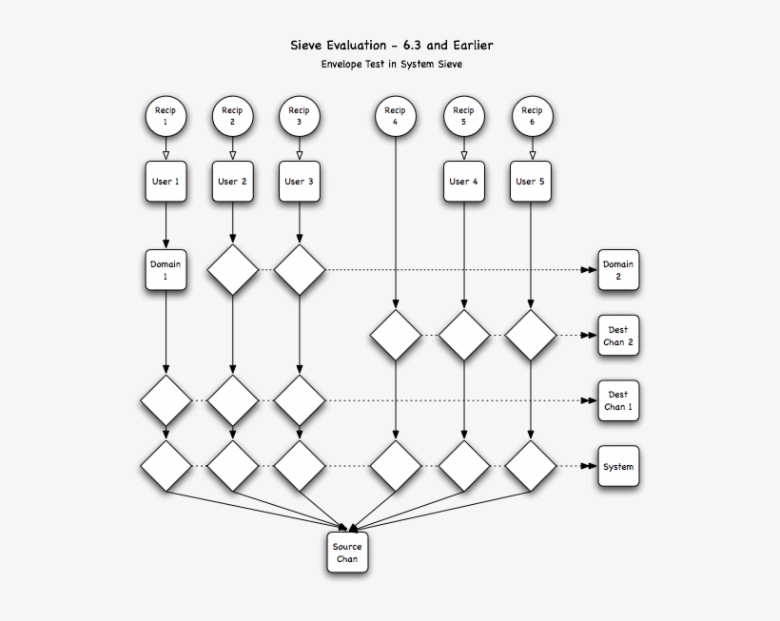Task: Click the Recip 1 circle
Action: [166, 116]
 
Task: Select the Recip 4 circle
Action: [395, 116]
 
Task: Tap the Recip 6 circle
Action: [531, 116]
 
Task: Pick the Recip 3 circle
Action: [300, 116]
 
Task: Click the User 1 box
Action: [166, 181]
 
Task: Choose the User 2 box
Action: [232, 181]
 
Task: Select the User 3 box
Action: [300, 181]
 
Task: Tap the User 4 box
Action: [464, 181]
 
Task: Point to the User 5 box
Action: [531, 181]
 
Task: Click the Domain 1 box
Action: [166, 269]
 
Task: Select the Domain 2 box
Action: [617, 270]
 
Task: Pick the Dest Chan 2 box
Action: [617, 336]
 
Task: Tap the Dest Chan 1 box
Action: [617, 400]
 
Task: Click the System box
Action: [617, 467]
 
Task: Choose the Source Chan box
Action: [347, 553]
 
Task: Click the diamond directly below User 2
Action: [232, 270]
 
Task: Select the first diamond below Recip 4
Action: [395, 336]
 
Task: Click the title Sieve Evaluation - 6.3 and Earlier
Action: [392, 45]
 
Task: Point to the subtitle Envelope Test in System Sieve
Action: [392, 65]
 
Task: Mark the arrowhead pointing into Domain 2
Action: [589, 270]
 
